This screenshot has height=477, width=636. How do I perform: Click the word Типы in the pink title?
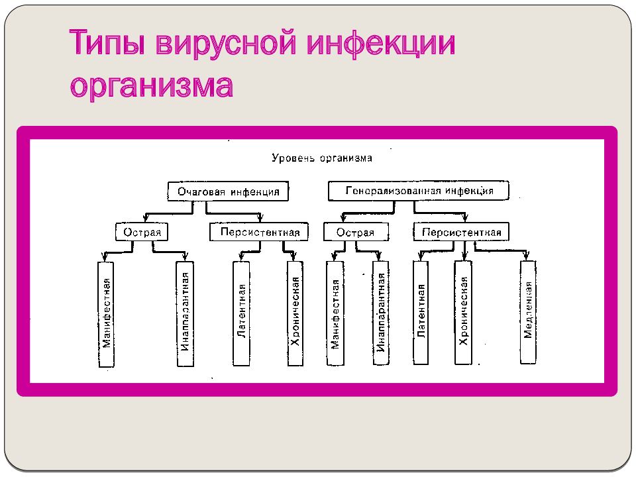[x=107, y=42]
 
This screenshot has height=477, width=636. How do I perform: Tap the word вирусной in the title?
[x=226, y=44]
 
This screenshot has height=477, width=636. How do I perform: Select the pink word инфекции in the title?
[x=381, y=44]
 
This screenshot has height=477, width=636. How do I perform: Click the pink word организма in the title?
[x=151, y=86]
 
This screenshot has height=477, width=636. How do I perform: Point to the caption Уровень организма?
[x=322, y=158]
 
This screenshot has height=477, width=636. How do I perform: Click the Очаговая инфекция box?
[x=228, y=191]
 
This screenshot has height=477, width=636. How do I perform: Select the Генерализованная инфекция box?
[x=418, y=191]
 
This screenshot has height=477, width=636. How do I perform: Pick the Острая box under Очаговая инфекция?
[x=142, y=232]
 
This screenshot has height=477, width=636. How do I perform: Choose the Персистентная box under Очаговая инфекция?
[x=259, y=232]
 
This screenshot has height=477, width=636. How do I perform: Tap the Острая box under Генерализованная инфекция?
[x=356, y=232]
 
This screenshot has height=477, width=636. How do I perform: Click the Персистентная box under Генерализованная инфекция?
[x=461, y=232]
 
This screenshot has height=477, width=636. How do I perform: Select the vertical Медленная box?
[x=528, y=312]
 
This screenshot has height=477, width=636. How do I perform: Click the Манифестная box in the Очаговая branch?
[x=106, y=314]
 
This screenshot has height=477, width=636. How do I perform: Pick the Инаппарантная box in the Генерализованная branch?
[x=380, y=313]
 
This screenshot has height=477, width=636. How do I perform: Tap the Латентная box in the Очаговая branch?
[x=241, y=313]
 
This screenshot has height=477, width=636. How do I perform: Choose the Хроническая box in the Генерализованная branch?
[x=463, y=312]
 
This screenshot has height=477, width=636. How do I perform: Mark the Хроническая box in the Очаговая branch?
[x=295, y=313]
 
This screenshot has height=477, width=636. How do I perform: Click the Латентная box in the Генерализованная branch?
[x=421, y=312]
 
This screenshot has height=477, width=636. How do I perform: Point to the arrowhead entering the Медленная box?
[x=527, y=256]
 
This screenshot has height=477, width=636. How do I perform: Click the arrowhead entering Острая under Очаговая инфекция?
[x=146, y=218]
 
